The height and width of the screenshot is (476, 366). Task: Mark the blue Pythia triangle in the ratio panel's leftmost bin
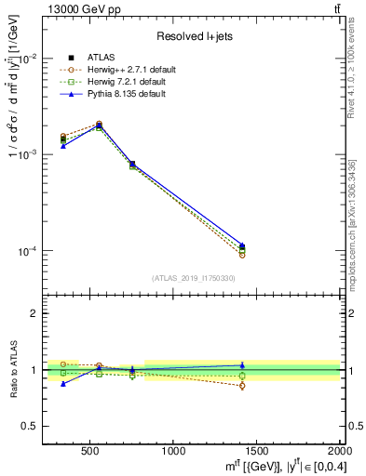click(x=63, y=383)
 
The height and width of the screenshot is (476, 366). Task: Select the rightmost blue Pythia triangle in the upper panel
click(x=242, y=245)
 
